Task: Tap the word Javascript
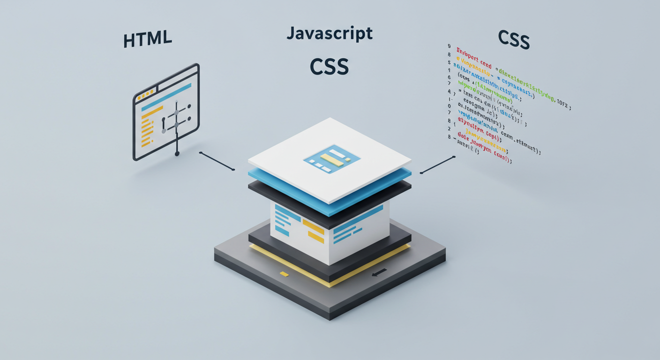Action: click(x=330, y=33)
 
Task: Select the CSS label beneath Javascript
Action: click(x=329, y=66)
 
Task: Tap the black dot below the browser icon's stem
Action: click(x=177, y=154)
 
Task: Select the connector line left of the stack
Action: click(x=217, y=161)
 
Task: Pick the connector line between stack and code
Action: click(x=438, y=165)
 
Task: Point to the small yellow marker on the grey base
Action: click(x=283, y=273)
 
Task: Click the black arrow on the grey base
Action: click(x=379, y=272)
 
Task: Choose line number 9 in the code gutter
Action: click(x=449, y=46)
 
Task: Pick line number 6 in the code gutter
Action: click(x=449, y=77)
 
